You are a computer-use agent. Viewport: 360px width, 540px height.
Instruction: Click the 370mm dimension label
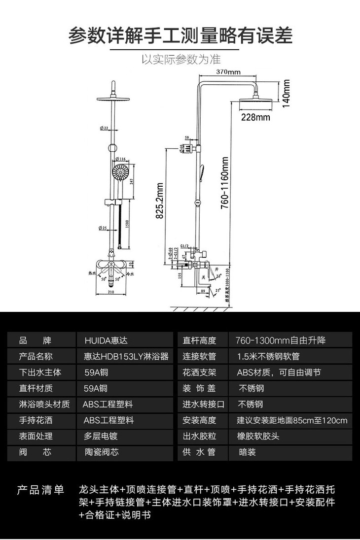click(228, 72)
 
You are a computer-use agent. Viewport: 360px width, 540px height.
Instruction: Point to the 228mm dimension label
click(255, 117)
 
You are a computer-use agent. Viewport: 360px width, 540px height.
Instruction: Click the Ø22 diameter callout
click(103, 128)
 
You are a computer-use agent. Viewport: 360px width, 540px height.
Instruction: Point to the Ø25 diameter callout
click(103, 228)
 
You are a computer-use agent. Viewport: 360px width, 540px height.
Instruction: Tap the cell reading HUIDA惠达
click(106, 340)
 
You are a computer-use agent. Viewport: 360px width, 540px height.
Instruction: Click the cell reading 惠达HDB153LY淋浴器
click(126, 356)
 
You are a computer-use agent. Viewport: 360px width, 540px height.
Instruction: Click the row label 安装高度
click(199, 420)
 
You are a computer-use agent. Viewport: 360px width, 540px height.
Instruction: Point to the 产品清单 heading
click(41, 490)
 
